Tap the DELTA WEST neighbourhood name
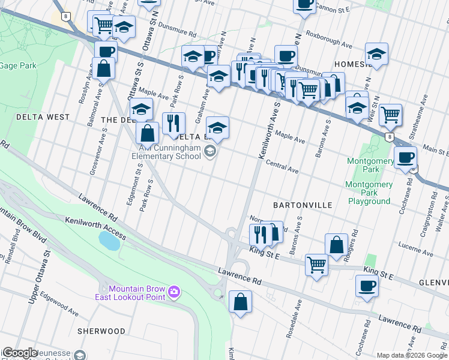(x=43, y=117)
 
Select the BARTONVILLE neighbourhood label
(x=303, y=205)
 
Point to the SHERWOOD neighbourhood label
(x=101, y=331)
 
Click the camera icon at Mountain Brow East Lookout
(x=174, y=292)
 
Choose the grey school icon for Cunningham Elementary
(x=209, y=151)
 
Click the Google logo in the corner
(x=19, y=353)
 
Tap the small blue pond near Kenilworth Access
(x=109, y=241)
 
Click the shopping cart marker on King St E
(x=316, y=263)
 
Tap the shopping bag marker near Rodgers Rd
(x=336, y=244)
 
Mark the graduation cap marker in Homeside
(x=376, y=53)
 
